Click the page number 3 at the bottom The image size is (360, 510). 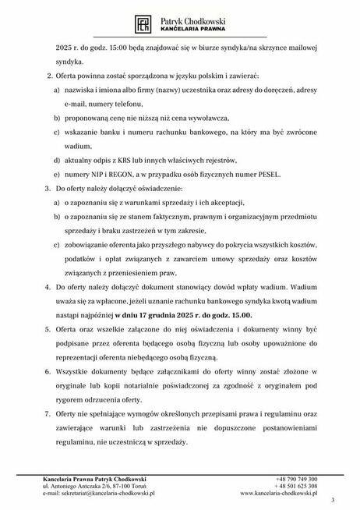click(333, 499)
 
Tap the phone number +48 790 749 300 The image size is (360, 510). click(296, 478)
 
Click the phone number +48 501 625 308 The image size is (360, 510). click(296, 486)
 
